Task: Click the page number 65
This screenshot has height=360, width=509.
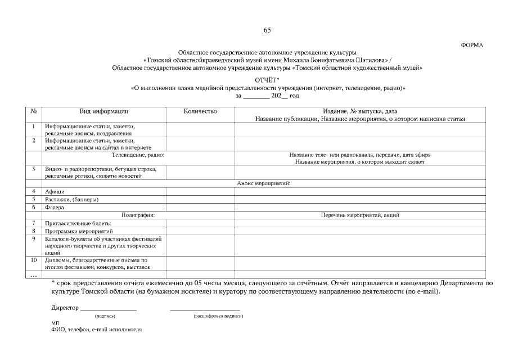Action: pos(267,30)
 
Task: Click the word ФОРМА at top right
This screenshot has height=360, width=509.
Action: pos(472,44)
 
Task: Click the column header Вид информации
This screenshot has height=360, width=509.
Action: pos(104,111)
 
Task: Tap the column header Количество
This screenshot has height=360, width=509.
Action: pos(200,111)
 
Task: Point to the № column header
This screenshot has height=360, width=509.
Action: pos(34,111)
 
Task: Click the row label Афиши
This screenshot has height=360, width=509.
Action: pos(55,192)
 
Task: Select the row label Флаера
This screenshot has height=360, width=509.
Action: pos(55,207)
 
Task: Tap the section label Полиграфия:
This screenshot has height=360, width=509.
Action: pos(138,215)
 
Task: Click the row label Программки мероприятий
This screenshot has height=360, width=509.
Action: pos(79,231)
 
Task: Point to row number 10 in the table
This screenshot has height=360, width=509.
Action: pos(34,260)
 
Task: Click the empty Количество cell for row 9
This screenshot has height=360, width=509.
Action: pos(200,246)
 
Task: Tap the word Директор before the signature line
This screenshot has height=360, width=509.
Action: pos(65,308)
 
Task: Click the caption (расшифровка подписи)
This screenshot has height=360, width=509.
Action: pos(218,316)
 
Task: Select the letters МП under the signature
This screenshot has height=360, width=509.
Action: pos(55,323)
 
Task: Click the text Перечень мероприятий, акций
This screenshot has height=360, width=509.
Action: pos(361,215)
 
